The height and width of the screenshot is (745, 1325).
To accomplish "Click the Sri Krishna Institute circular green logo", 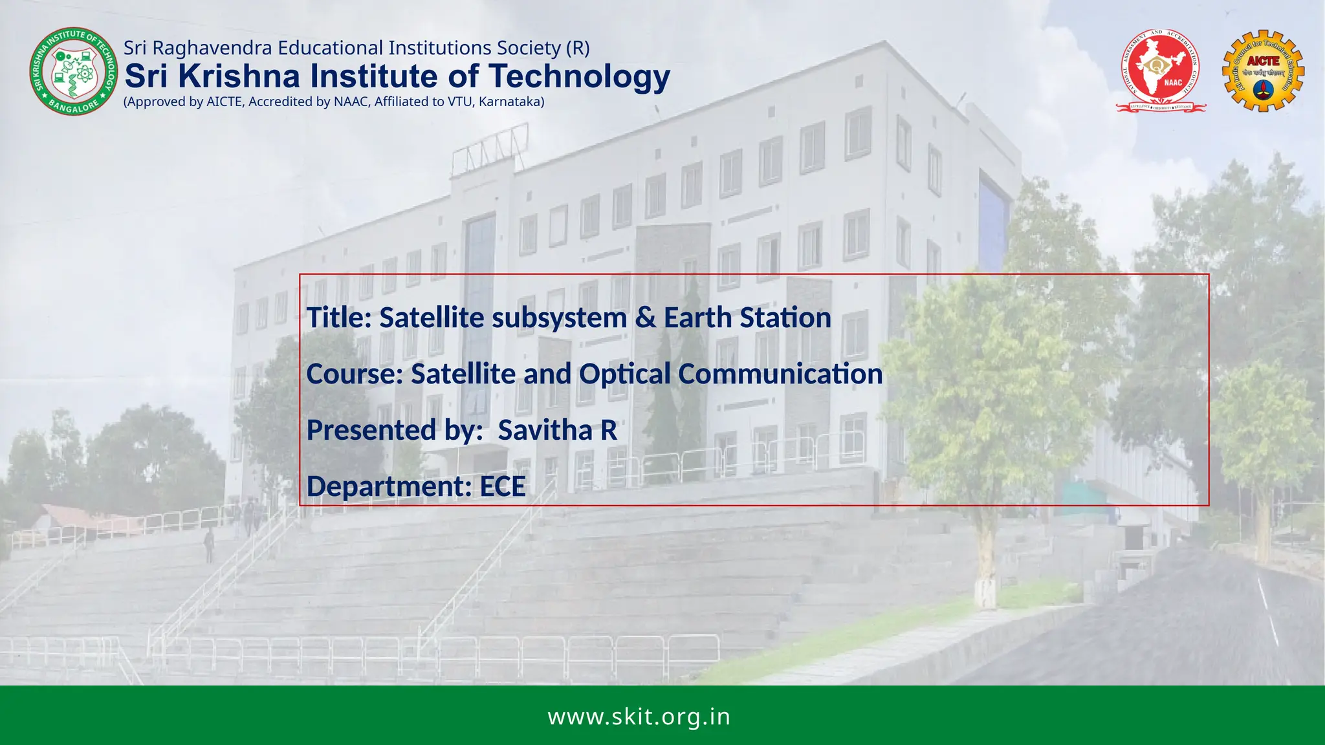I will (69, 72).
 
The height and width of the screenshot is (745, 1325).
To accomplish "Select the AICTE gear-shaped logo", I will (1262, 70).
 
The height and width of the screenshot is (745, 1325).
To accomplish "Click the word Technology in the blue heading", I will (580, 76).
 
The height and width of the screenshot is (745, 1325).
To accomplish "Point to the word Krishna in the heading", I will (239, 76).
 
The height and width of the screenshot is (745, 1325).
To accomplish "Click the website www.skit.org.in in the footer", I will (639, 717).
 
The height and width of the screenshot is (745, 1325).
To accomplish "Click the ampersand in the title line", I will (645, 318).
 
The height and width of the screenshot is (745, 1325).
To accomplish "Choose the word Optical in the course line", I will (624, 374).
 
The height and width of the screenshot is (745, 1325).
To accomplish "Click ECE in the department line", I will (502, 486).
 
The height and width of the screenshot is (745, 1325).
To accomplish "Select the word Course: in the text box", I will (355, 374).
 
